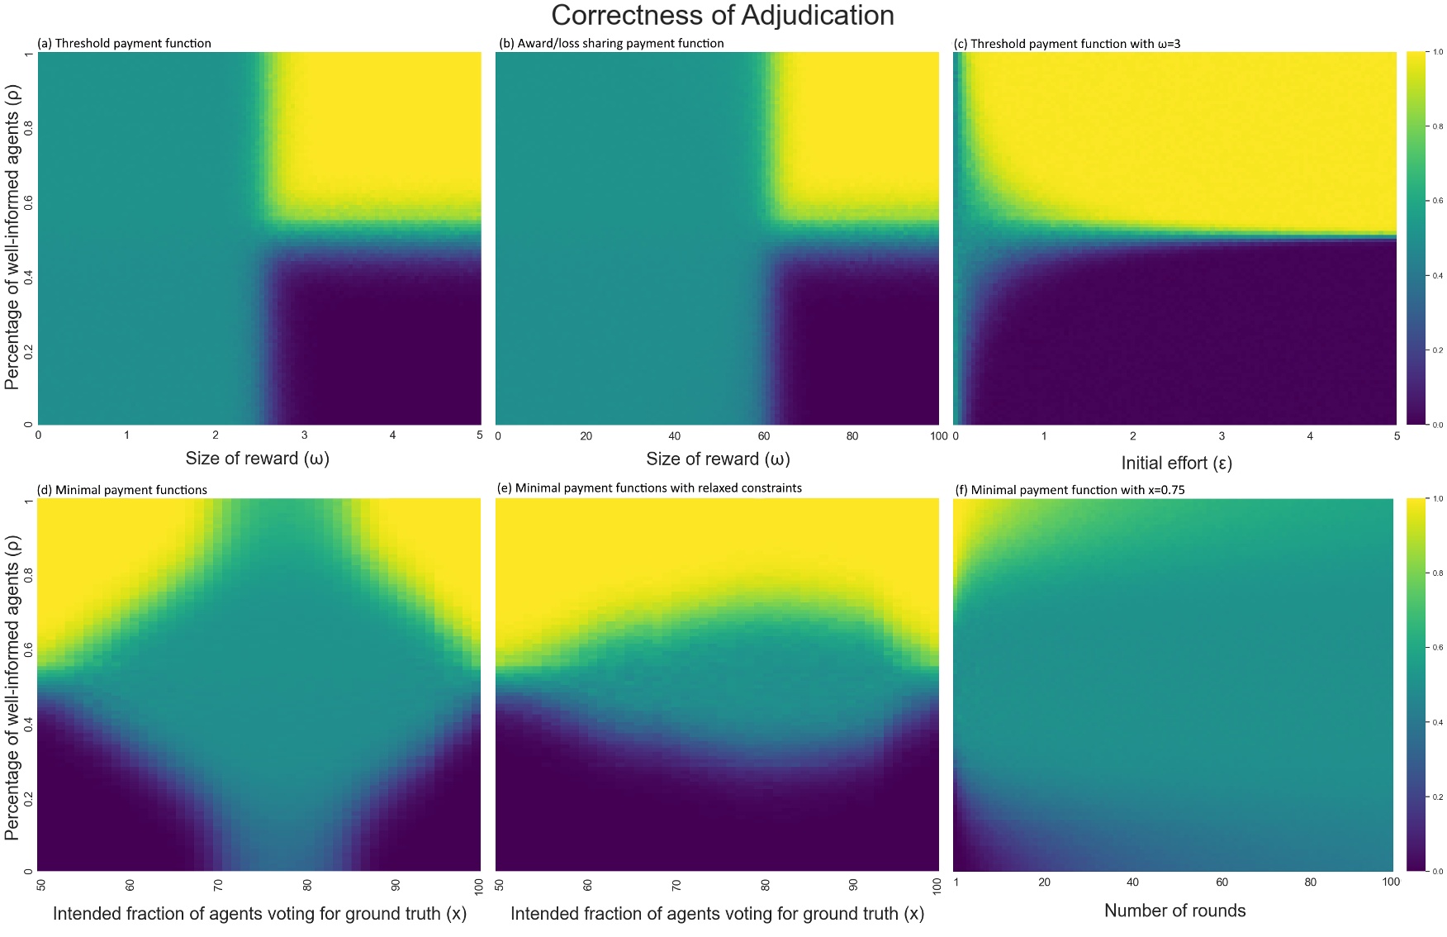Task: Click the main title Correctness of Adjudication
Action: point(723,16)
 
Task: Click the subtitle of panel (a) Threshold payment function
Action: point(124,43)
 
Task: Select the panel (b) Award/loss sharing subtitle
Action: point(611,43)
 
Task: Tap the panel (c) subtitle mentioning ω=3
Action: point(1067,43)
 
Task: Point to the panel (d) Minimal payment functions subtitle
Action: point(122,490)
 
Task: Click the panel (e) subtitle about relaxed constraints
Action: point(649,488)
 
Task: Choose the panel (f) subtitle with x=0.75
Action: point(1070,490)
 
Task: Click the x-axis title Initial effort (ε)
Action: point(1176,463)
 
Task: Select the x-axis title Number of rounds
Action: point(1174,911)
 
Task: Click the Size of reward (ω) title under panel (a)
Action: point(257,459)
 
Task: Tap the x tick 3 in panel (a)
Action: point(304,435)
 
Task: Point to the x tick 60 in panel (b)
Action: point(763,436)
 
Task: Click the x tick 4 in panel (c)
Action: point(1309,436)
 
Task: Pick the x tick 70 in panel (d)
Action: point(219,885)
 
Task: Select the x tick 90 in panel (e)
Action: point(853,885)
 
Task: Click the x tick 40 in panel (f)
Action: point(1132,882)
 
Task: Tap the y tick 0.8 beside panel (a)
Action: point(29,128)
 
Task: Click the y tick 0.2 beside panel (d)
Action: point(29,798)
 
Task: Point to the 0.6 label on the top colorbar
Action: point(1437,201)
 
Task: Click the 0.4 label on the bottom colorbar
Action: point(1437,722)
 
